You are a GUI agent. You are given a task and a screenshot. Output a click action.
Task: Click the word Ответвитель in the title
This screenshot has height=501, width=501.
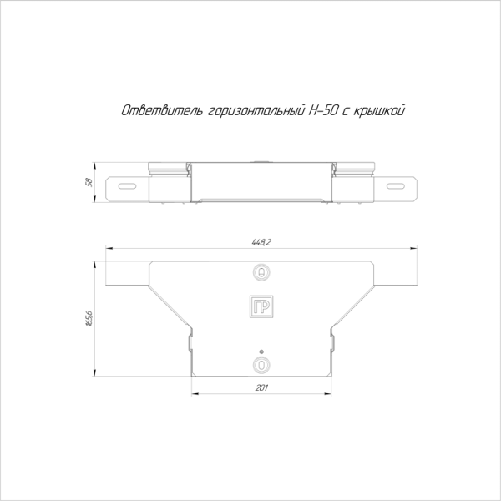point(162,110)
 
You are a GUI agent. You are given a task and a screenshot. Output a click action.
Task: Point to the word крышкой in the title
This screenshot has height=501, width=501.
point(380,111)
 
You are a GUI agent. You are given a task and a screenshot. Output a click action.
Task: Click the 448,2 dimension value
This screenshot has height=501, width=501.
point(261,242)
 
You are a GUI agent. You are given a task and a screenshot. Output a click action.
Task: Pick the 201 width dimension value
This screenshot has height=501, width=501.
point(261,388)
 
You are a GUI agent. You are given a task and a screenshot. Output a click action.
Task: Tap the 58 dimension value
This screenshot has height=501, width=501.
point(89,182)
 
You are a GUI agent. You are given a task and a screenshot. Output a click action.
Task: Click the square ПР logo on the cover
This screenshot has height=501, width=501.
point(261,306)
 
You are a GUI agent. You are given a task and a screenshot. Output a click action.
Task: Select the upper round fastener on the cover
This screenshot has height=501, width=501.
point(261,272)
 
